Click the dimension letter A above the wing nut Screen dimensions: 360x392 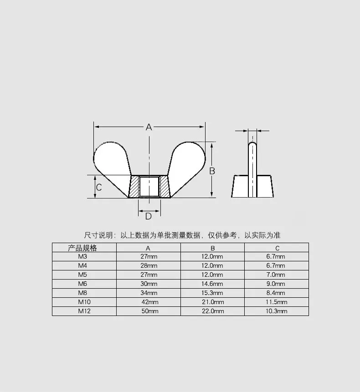click(x=149, y=127)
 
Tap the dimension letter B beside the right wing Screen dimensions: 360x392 click(x=212, y=171)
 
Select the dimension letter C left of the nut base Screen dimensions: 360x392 click(x=99, y=187)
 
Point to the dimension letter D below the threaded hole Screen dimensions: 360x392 click(x=149, y=216)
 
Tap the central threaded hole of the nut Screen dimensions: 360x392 click(x=149, y=186)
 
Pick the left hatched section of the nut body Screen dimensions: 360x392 click(x=134, y=187)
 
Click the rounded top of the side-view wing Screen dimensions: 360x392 click(x=252, y=143)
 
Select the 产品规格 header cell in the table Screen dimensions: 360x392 click(x=82, y=248)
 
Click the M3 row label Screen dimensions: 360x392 click(x=82, y=256)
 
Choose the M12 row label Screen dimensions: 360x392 click(x=84, y=311)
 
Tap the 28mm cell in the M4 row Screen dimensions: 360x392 click(x=149, y=265)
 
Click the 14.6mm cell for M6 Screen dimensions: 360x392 click(x=212, y=284)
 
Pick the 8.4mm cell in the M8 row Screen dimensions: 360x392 click(x=276, y=293)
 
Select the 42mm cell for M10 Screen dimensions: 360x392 click(x=150, y=302)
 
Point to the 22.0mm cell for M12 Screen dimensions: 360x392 click(x=213, y=311)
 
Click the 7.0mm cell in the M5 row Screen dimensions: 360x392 click(x=276, y=275)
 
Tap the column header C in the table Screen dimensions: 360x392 click(x=277, y=248)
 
